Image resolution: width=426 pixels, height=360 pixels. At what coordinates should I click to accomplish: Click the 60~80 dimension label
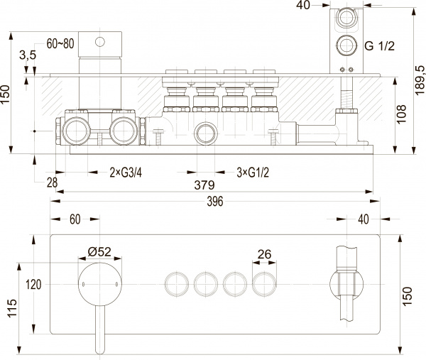(60, 43)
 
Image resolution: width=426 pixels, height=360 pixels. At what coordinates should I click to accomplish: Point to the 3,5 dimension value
(28, 55)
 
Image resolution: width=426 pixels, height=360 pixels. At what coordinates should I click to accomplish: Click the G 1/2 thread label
(381, 46)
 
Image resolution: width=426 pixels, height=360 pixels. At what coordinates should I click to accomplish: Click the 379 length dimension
(204, 185)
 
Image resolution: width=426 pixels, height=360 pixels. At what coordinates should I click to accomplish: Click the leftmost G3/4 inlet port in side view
(73, 131)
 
